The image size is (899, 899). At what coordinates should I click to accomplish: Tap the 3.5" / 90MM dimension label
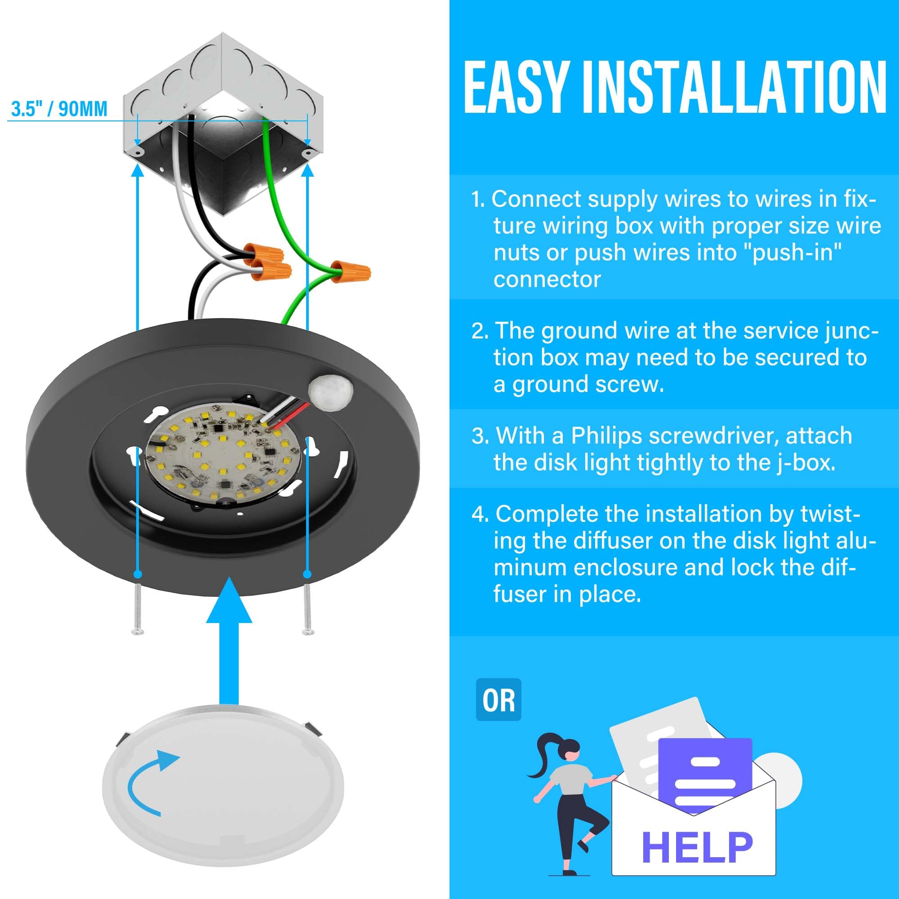pyautogui.click(x=59, y=109)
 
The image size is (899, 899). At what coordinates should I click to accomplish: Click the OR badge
pyautogui.click(x=498, y=700)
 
